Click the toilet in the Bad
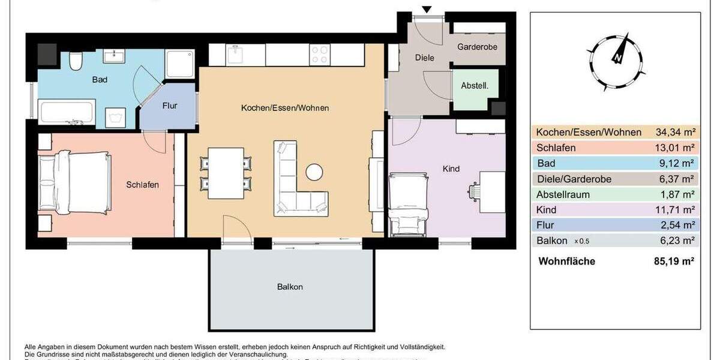76,61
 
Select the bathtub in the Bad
66,112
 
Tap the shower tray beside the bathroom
179,64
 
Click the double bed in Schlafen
73,182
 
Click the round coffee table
315,172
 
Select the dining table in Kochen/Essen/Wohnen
226,173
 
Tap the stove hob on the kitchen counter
319,55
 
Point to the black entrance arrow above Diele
427,10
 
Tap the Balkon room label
290,287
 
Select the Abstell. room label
475,86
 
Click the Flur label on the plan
170,106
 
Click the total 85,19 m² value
674,261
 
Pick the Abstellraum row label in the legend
563,194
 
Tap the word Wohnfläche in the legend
566,261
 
